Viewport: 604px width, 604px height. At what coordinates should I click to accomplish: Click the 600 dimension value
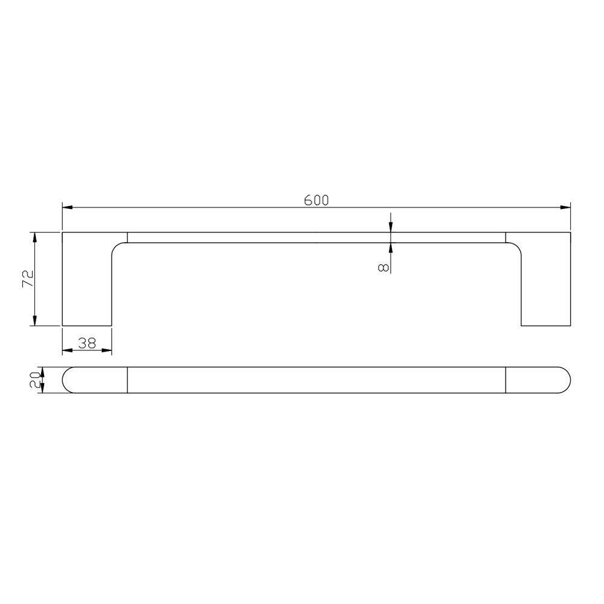316,201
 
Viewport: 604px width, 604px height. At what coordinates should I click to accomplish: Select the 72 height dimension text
27,279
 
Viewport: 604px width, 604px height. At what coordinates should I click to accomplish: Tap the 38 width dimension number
88,343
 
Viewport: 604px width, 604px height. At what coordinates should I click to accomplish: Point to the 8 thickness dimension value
382,266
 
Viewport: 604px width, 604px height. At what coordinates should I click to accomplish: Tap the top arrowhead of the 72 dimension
35,237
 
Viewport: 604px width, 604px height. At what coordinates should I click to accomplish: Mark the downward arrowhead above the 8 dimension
391,227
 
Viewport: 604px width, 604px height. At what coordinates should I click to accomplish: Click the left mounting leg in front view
87,284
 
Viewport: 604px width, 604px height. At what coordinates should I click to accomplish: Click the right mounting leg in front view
546,284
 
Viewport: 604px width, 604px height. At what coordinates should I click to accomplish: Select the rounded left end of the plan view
68,380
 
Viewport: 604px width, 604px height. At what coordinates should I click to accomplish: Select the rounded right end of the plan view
565,380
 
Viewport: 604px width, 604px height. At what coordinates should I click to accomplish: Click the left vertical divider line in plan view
127,380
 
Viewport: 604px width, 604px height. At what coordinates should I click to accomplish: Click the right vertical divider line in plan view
506,380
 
